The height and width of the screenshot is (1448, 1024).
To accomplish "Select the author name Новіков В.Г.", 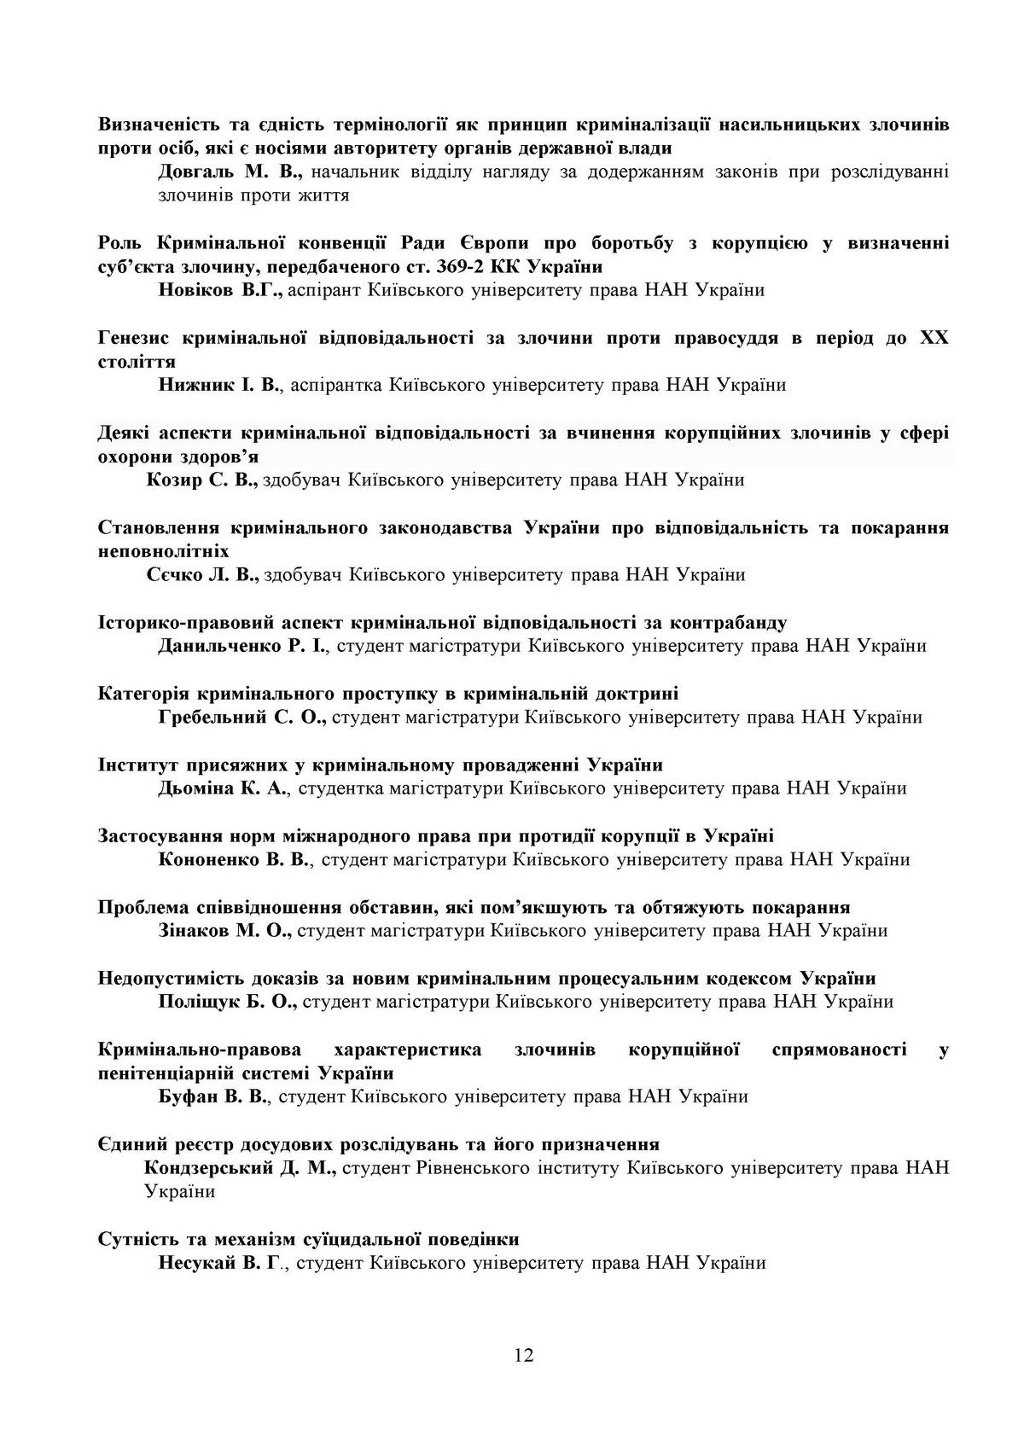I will point(220,290).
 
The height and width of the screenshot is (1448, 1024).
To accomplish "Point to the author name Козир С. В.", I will point(202,480).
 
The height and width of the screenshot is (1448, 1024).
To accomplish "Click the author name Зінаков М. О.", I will point(225,930).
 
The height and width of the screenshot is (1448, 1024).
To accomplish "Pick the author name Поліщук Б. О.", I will point(227,1002).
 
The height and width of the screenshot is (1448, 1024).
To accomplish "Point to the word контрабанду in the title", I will point(731,622).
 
